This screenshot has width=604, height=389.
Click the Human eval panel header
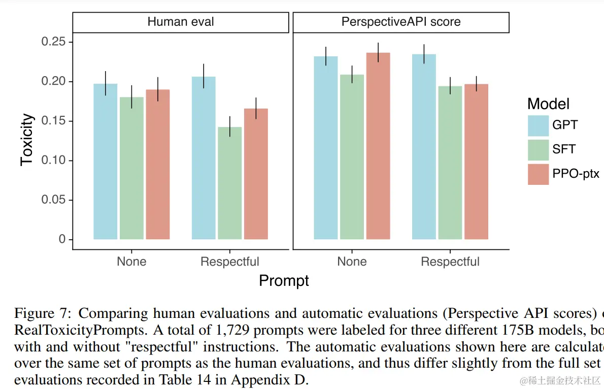click(x=181, y=22)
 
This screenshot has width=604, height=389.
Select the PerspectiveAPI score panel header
click(x=401, y=22)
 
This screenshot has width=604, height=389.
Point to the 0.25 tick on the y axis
click(x=55, y=42)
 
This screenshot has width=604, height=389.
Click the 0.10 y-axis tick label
click(x=55, y=160)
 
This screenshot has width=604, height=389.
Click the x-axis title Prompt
click(x=284, y=281)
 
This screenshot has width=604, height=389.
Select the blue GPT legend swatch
click(x=538, y=125)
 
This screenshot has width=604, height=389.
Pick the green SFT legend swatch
click(x=538, y=150)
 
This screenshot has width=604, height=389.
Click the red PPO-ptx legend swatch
click(x=538, y=174)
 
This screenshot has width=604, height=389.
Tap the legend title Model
click(x=548, y=104)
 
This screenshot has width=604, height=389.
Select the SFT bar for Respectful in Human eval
click(x=229, y=183)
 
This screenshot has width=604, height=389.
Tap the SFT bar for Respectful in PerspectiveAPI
click(x=450, y=163)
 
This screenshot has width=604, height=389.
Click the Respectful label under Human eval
click(x=229, y=262)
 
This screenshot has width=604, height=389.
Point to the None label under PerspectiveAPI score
click(x=352, y=262)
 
